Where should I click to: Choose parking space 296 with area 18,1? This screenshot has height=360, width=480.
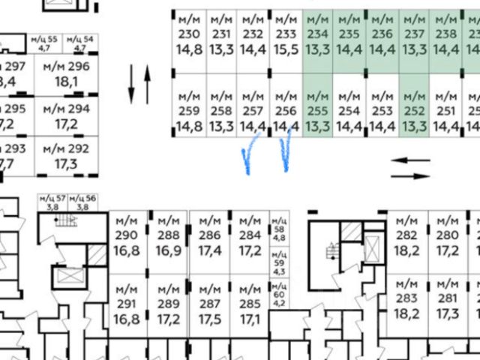[66, 73]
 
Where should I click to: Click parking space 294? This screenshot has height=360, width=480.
[66, 115]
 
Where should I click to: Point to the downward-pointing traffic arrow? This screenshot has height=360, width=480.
[131, 84]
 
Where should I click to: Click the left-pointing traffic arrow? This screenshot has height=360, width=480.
[411, 160]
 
